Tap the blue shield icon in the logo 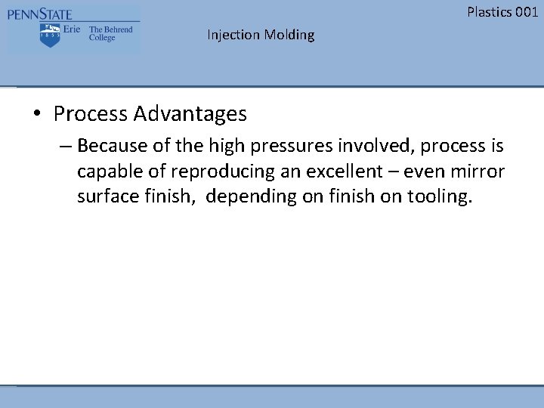pos(49,35)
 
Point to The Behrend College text pos(110,34)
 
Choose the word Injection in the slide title pos(233,35)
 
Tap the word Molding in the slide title pos(289,35)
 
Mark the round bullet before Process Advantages pos(36,115)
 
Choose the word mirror pos(478,171)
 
